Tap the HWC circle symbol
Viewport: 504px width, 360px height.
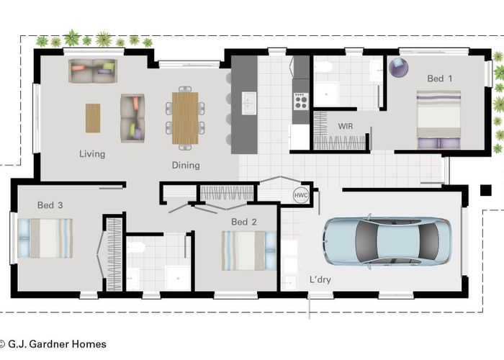coord(300,195)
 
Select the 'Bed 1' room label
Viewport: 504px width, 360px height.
coord(440,78)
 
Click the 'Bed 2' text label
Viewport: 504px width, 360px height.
coord(244,222)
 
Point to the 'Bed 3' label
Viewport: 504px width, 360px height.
coord(50,205)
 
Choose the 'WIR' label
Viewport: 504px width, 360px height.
coord(346,125)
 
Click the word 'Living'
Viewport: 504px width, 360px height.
coord(92,153)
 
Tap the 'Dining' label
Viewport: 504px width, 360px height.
coord(186,165)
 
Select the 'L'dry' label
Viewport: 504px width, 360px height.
coord(320,279)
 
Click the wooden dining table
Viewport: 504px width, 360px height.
coord(185,117)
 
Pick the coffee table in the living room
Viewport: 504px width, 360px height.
coord(93,118)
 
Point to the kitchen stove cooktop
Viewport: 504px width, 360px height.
coord(300,102)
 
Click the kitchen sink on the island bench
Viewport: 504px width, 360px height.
coord(248,103)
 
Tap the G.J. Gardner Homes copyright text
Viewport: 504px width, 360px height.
coord(54,344)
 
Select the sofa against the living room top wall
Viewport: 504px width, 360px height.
coord(92,71)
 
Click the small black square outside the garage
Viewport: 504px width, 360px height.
coord(485,190)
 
